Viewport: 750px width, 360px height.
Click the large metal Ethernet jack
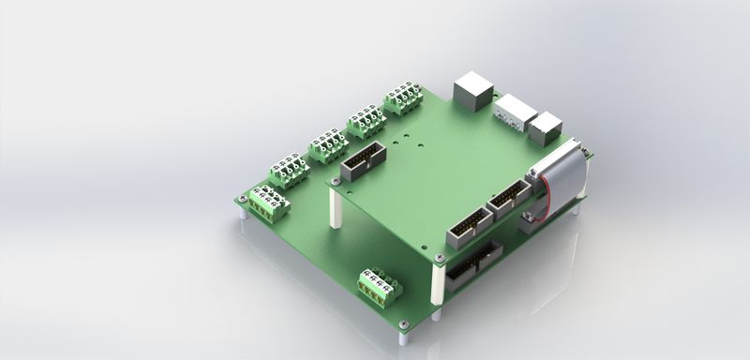473,92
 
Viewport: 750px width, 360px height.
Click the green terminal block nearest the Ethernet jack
403,97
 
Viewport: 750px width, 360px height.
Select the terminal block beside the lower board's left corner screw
266,203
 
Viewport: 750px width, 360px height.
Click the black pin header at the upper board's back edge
361,165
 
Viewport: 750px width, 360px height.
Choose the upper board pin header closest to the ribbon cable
509,197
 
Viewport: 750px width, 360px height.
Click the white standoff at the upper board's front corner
438,280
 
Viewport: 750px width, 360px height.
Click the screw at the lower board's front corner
404,324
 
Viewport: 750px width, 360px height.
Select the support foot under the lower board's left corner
244,213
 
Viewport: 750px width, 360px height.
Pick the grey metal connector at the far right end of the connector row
545,127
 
